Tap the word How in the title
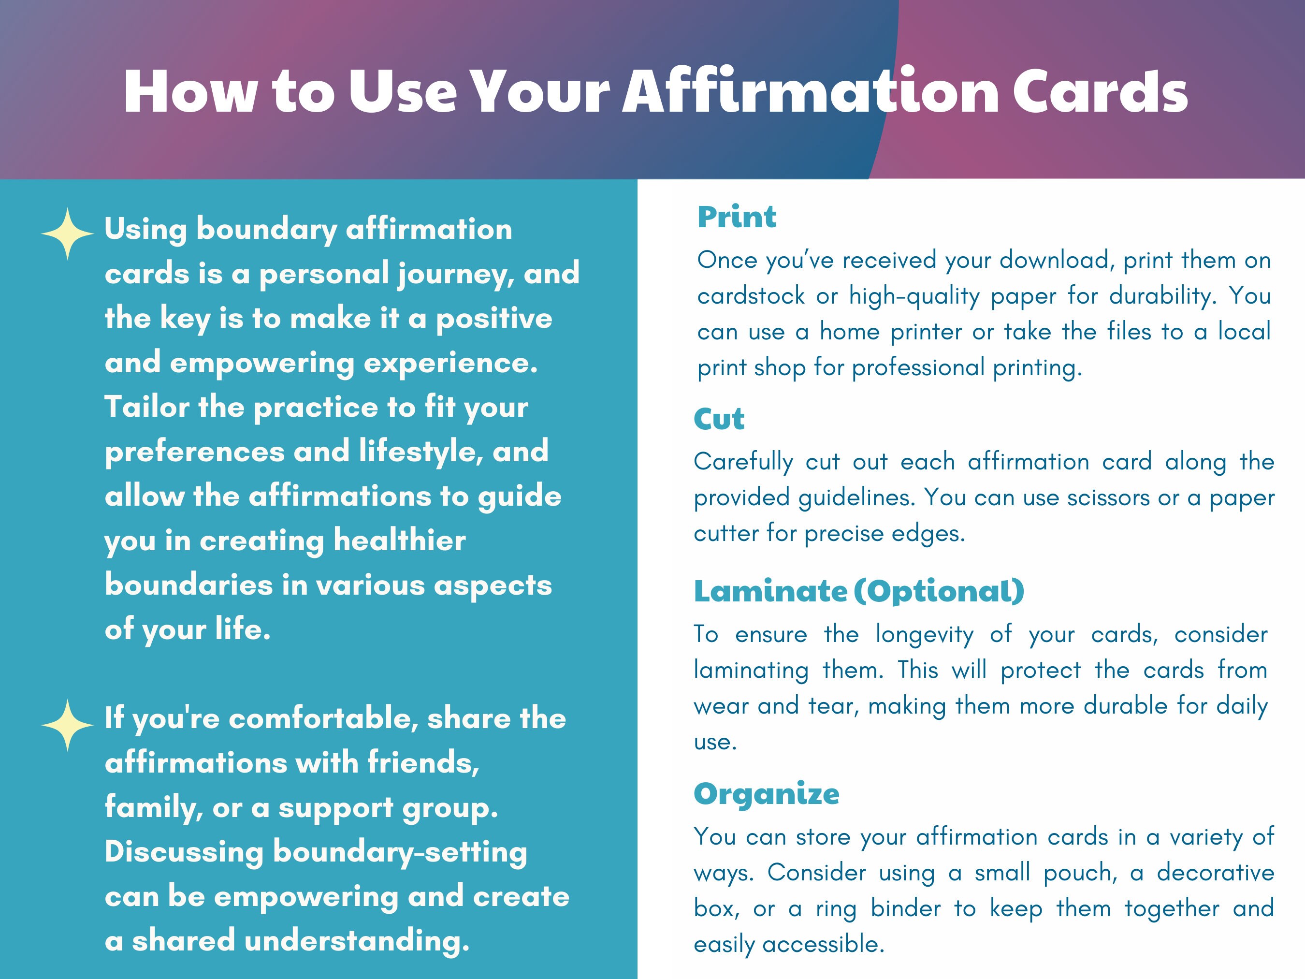click(190, 91)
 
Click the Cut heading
click(719, 419)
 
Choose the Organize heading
click(767, 793)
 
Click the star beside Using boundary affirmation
click(67, 234)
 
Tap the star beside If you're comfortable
click(67, 725)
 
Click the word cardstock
click(751, 296)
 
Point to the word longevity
click(925, 634)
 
